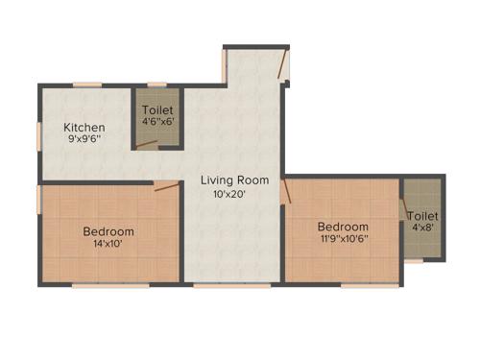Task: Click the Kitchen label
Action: [84, 127]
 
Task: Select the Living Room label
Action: [234, 180]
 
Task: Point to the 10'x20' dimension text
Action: [230, 193]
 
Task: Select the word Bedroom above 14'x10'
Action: [108, 231]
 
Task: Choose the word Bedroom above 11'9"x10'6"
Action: [344, 227]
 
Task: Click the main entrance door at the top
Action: [281, 65]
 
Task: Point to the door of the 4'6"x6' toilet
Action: [147, 145]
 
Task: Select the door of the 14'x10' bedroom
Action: [166, 186]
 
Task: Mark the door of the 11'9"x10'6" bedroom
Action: [284, 189]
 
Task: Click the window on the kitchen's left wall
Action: [39, 135]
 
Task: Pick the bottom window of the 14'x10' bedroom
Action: [97, 285]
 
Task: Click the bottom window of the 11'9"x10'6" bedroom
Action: [358, 285]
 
